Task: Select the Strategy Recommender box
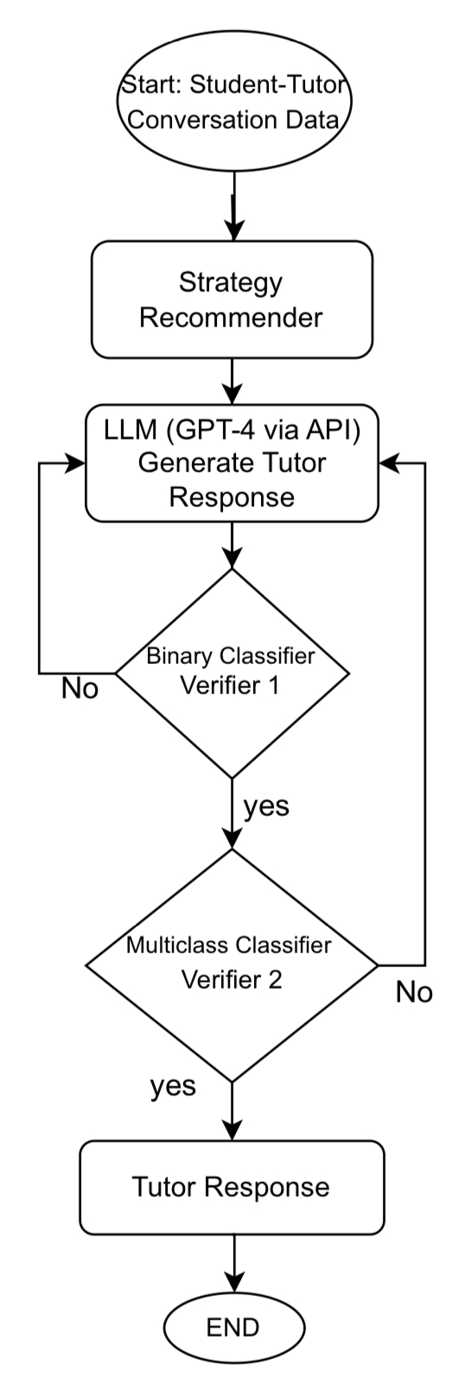pyautogui.click(x=232, y=300)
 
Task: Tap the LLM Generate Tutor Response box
pyautogui.click(x=232, y=463)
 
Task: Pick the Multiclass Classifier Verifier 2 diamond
pyautogui.click(x=232, y=964)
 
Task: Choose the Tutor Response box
pyautogui.click(x=232, y=1187)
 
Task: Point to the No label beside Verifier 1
pyautogui.click(x=80, y=690)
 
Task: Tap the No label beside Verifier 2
pyautogui.click(x=414, y=993)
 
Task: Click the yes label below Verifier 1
pyautogui.click(x=265, y=806)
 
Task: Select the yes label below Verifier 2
pyautogui.click(x=173, y=1085)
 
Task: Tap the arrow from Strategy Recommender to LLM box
pyautogui.click(x=232, y=380)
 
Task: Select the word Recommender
pyautogui.click(x=232, y=318)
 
